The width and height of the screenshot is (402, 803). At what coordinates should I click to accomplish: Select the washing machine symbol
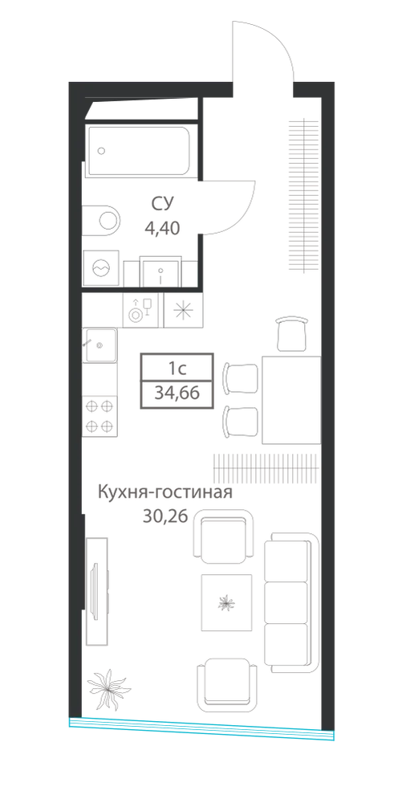point(101,268)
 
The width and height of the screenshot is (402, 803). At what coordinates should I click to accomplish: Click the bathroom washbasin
point(160,272)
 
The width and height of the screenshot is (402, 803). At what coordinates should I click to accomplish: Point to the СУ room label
point(162,204)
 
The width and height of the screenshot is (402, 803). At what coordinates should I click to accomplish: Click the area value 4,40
point(162,228)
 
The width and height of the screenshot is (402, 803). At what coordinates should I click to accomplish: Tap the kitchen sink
point(99,345)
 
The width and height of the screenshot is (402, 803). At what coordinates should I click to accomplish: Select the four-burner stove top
point(99,415)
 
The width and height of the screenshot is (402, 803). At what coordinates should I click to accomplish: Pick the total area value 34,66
point(177,393)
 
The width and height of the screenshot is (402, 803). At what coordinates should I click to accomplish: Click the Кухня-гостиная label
point(165,494)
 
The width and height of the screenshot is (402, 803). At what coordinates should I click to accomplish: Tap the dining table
point(291,400)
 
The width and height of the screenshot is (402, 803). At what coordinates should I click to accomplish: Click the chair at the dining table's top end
point(292,333)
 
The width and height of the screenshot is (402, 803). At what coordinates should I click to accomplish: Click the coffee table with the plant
point(226,602)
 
